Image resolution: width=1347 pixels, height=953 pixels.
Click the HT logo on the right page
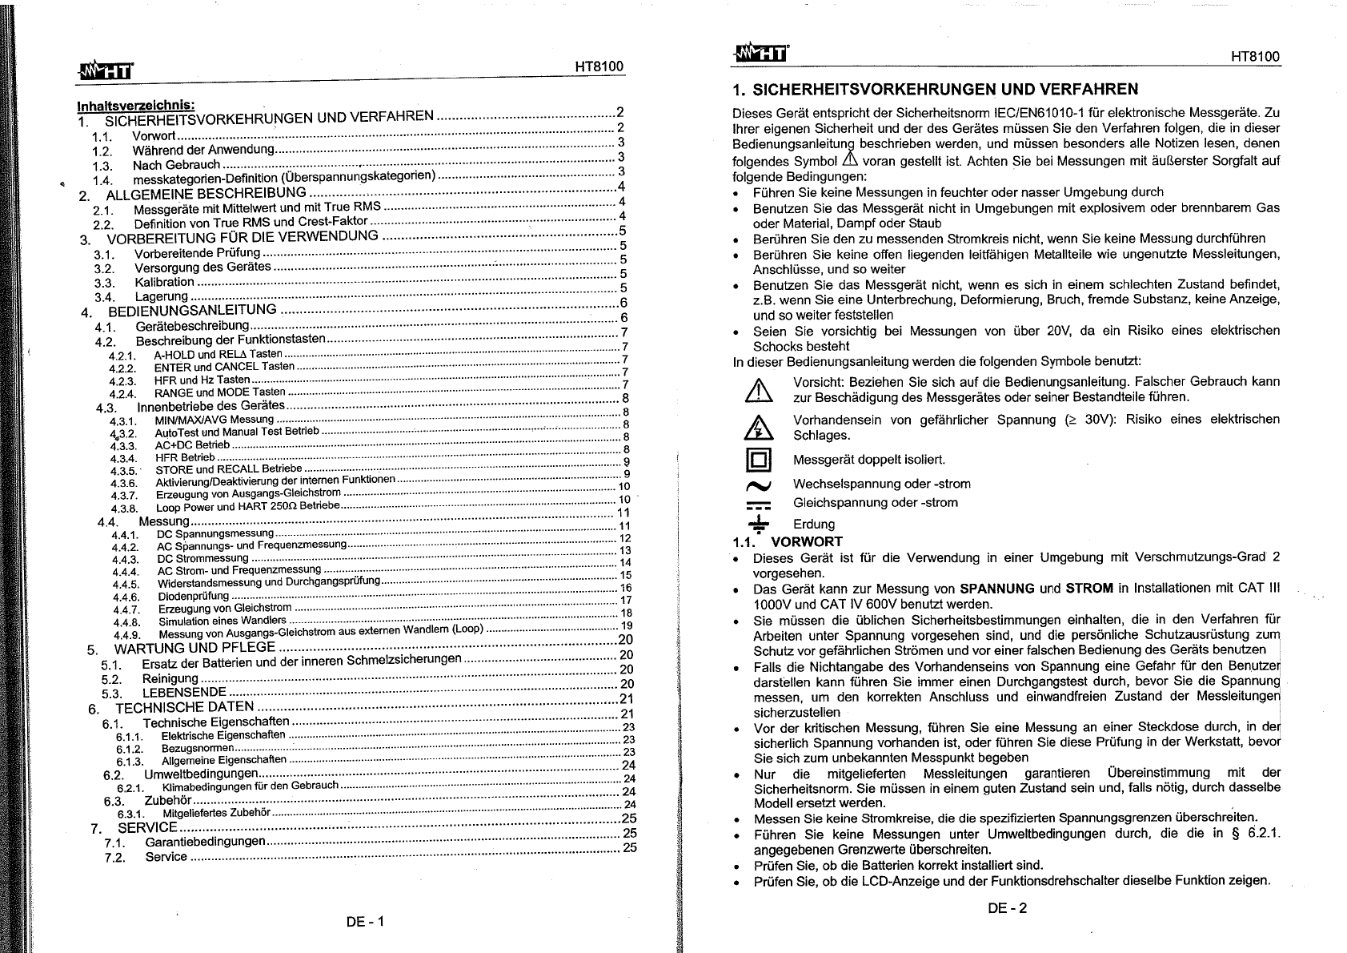click(760, 53)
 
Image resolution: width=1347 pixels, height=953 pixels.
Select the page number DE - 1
click(366, 921)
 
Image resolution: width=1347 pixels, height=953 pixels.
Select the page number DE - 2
click(1007, 907)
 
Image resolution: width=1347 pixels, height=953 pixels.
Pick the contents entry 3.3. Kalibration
click(164, 282)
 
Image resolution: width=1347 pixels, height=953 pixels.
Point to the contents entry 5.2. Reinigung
click(170, 679)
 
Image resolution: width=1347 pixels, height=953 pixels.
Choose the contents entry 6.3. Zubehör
click(167, 800)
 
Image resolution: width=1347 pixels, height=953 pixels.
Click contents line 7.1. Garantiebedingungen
click(205, 842)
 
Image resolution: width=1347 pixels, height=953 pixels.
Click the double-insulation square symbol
click(759, 460)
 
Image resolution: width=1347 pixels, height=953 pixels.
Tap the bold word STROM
click(1089, 589)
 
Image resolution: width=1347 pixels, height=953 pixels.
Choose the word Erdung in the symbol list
click(814, 525)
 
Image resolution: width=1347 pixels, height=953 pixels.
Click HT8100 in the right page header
click(1255, 56)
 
